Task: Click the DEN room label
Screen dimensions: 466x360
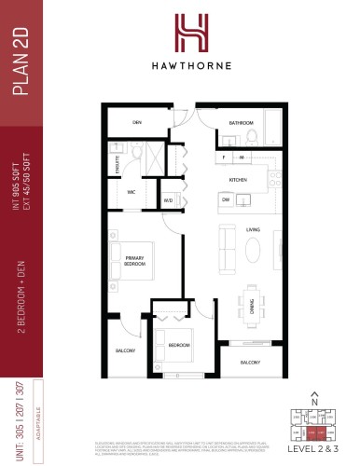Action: pos(135,122)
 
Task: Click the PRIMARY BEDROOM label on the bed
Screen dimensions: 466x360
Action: pos(136,262)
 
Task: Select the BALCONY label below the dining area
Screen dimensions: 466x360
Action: pos(249,362)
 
